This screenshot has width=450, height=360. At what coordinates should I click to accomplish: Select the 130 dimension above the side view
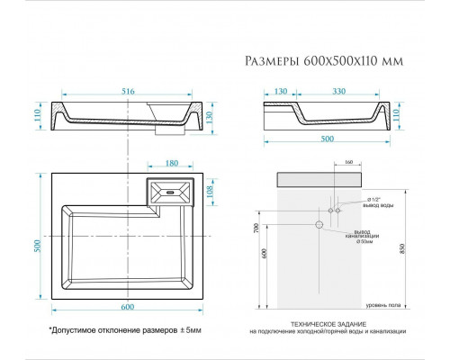coord(278,92)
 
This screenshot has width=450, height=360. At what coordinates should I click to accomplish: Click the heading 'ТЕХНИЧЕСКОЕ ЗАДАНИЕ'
coord(332,322)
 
